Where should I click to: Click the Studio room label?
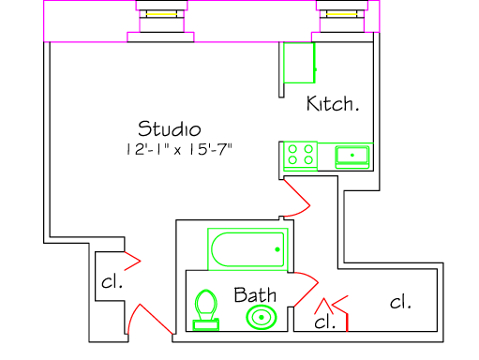[170, 128]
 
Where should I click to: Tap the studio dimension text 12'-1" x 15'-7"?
[179, 149]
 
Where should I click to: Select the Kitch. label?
[333, 103]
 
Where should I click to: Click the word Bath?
[255, 294]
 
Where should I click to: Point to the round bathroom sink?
[262, 317]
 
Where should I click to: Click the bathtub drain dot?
[277, 249]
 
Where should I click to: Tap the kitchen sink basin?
[352, 157]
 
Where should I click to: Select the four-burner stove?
[300, 156]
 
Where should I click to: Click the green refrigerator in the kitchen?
[299, 63]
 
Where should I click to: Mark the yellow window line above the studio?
[161, 14]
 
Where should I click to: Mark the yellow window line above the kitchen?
[341, 14]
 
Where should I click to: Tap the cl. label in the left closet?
[112, 281]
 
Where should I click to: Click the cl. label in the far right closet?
[400, 302]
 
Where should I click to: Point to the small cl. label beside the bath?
[325, 322]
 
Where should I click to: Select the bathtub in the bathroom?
[247, 249]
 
